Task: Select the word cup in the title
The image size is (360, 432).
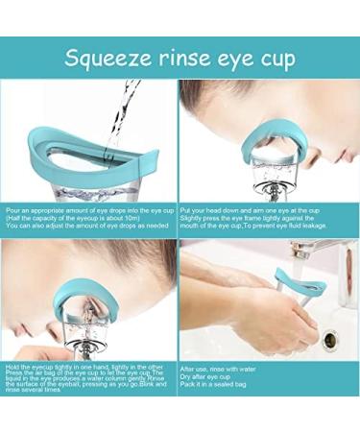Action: point(276,60)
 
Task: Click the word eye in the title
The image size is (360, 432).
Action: point(232,60)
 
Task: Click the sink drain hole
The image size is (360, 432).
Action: point(331,339)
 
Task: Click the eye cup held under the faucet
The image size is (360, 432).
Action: point(298,288)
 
